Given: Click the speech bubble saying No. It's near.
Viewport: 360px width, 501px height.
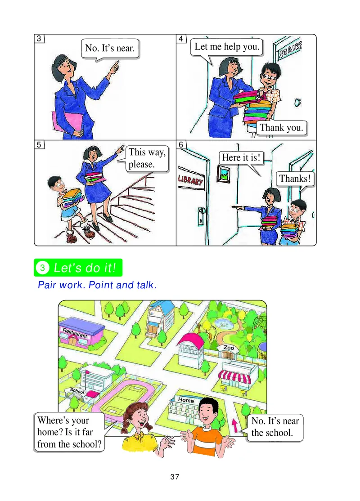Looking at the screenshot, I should point(110,48).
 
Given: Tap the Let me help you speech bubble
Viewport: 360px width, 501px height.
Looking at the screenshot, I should point(227,47).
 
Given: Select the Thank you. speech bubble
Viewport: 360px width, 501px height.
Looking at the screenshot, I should point(282,127).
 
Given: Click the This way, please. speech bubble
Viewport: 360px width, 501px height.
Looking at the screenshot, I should point(147,158).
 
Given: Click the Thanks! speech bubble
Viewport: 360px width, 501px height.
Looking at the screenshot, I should point(295,179).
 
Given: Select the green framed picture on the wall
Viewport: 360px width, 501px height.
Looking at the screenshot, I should point(223,174).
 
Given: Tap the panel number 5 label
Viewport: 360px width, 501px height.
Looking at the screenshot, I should point(40,145).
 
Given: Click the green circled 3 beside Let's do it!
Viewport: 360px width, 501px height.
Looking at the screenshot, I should point(42,268).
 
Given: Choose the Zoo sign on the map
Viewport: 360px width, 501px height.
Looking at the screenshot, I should point(229,348).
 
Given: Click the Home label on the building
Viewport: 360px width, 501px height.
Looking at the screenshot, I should point(186,399).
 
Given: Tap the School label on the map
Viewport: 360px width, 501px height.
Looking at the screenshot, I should point(77,391).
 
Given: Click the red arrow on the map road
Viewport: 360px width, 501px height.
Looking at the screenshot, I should point(234,425).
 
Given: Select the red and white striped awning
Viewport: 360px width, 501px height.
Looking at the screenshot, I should point(234,376).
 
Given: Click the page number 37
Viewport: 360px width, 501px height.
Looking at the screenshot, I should point(175,477).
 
